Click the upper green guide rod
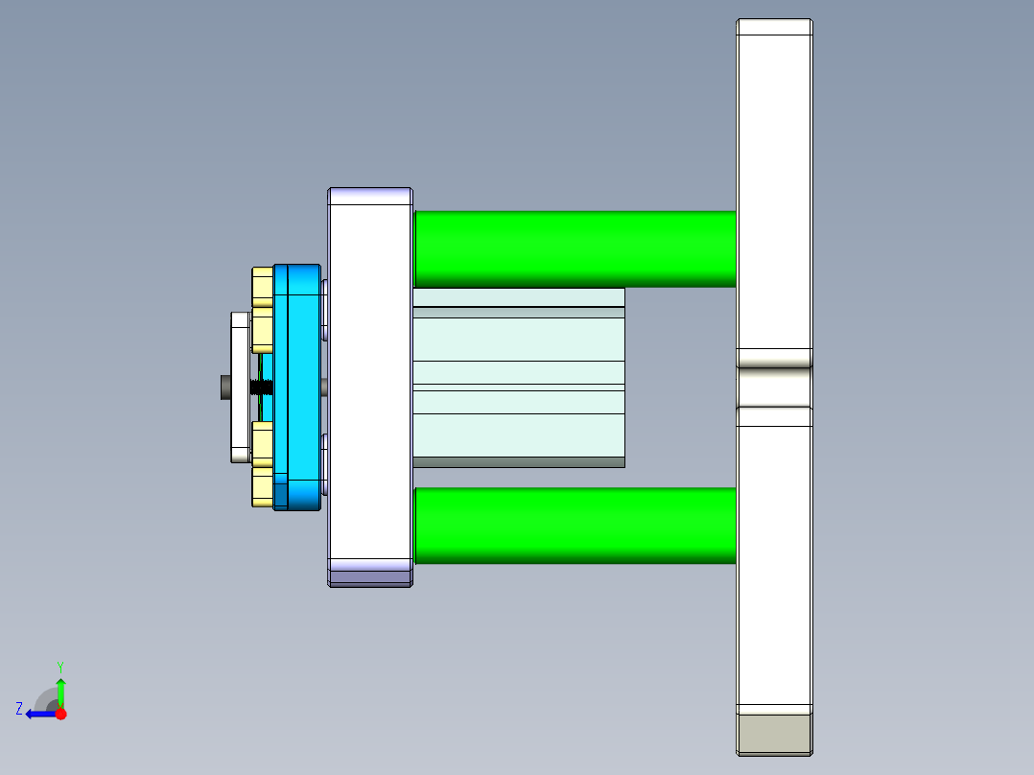[x=576, y=247]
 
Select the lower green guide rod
[x=576, y=525]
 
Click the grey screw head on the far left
[x=224, y=387]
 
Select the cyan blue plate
[x=297, y=384]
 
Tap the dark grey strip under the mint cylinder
[x=518, y=462]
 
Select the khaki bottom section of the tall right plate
[x=774, y=734]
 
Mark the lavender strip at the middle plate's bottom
[x=370, y=577]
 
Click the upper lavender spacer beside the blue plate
[x=325, y=309]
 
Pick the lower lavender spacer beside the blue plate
[x=325, y=464]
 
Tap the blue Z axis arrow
[x=38, y=714]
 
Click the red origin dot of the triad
[x=60, y=714]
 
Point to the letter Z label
[x=19, y=708]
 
